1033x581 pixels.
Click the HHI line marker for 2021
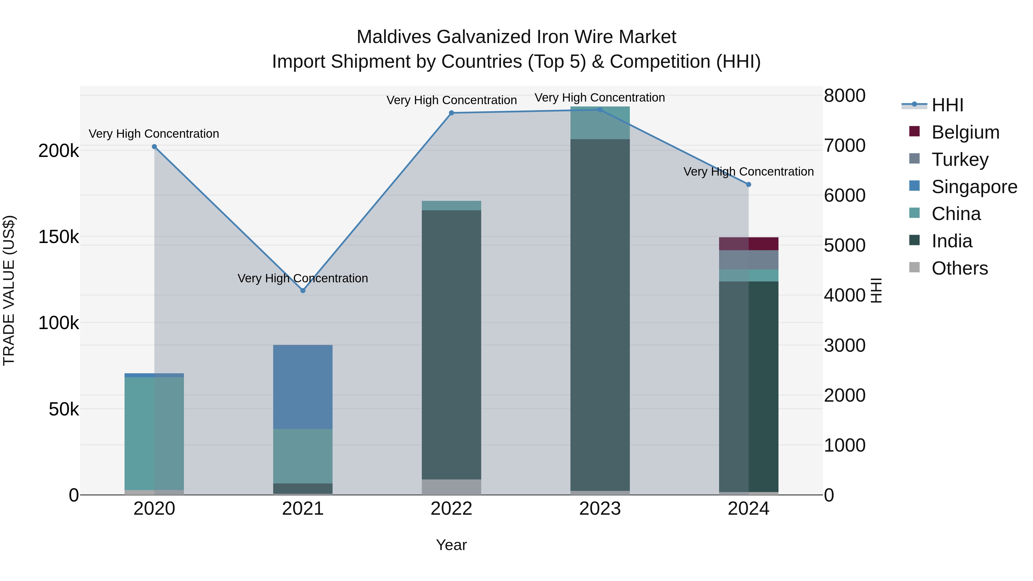pos(303,290)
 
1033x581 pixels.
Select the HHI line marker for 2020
pos(154,147)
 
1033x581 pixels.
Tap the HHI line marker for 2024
pos(748,184)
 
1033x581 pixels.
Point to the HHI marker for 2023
pos(600,110)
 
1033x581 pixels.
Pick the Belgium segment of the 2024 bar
pos(748,244)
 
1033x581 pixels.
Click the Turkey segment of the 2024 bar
pos(748,260)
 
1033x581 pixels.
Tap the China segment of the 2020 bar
pos(154,433)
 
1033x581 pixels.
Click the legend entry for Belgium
pos(965,132)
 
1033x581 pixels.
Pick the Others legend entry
pos(959,268)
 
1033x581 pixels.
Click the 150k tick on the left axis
pos(59,237)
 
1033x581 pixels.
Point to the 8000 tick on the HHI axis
pos(844,96)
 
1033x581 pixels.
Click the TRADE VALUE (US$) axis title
pos(9,290)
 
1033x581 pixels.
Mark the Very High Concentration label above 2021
pos(303,278)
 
